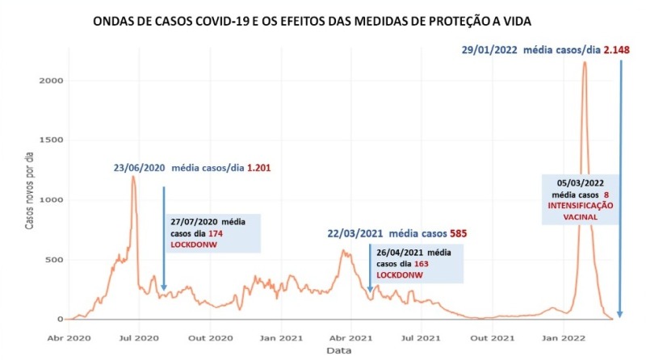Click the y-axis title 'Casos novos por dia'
(x=30, y=200)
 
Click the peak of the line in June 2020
(x=132, y=176)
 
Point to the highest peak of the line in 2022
(x=584, y=62)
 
